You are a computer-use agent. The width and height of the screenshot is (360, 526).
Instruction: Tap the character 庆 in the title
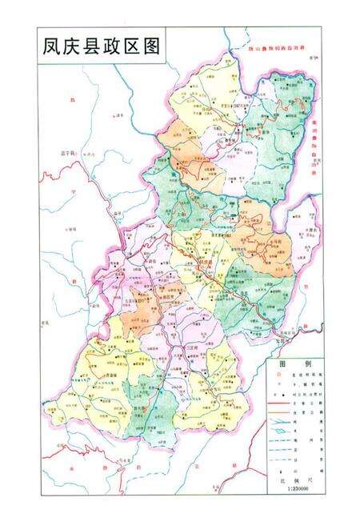[x=74, y=46]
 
